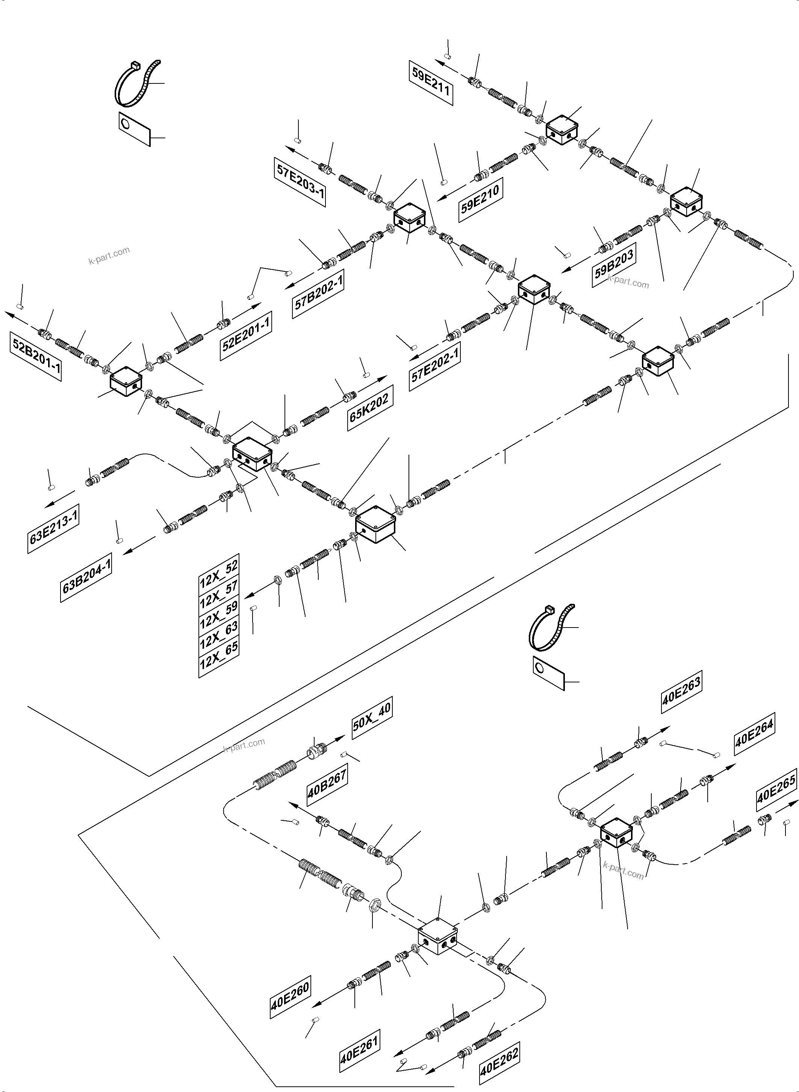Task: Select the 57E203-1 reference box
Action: click(x=300, y=182)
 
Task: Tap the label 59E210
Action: click(x=480, y=200)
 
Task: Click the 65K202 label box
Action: click(x=369, y=408)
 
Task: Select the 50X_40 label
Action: click(x=371, y=718)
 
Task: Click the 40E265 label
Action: click(x=776, y=789)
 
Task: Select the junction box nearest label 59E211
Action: click(x=562, y=130)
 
